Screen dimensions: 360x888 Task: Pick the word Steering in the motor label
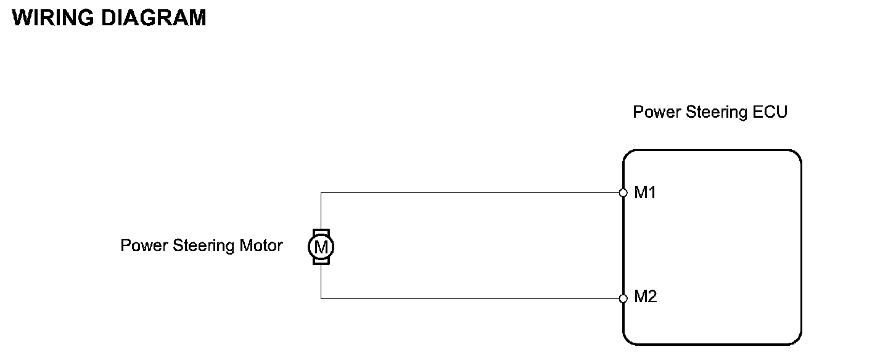click(x=203, y=246)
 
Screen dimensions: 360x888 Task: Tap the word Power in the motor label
click(x=144, y=245)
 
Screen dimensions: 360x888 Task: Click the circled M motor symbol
click(x=321, y=247)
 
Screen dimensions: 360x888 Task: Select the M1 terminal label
click(x=646, y=193)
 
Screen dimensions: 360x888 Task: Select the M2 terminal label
click(x=646, y=297)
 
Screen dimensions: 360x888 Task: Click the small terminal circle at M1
click(x=623, y=193)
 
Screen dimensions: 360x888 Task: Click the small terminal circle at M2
click(x=623, y=299)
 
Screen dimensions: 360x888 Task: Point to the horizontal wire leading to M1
click(x=469, y=193)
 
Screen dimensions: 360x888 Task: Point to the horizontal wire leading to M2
click(x=469, y=299)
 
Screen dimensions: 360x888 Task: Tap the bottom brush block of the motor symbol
click(x=321, y=262)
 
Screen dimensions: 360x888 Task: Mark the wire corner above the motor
click(x=321, y=193)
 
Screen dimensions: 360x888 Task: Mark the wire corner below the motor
click(x=321, y=299)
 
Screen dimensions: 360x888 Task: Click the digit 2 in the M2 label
click(x=652, y=297)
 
